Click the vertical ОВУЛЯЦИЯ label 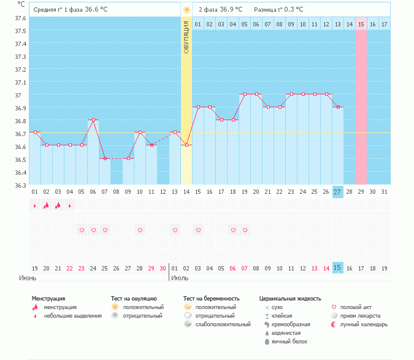pyautogui.click(x=186, y=36)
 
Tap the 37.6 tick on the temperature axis pyautogui.click(x=20, y=18)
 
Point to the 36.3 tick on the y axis pyautogui.click(x=20, y=185)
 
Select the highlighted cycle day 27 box pyautogui.click(x=337, y=192)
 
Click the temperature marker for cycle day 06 pyautogui.click(x=93, y=120)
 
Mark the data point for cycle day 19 pyautogui.click(x=244, y=94)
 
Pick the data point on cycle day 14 pyautogui.click(x=186, y=145)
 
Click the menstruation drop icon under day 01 pyautogui.click(x=35, y=206)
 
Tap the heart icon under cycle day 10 pyautogui.click(x=140, y=230)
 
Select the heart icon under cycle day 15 pyautogui.click(x=198, y=230)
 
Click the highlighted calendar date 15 pyautogui.click(x=337, y=268)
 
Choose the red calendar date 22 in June pyautogui.click(x=70, y=268)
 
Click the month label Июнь pyautogui.click(x=28, y=278)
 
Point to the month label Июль pyautogui.click(x=180, y=278)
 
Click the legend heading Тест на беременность pyautogui.click(x=211, y=299)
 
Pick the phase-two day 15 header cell pyautogui.click(x=361, y=24)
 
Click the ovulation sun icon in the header pyautogui.click(x=186, y=10)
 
